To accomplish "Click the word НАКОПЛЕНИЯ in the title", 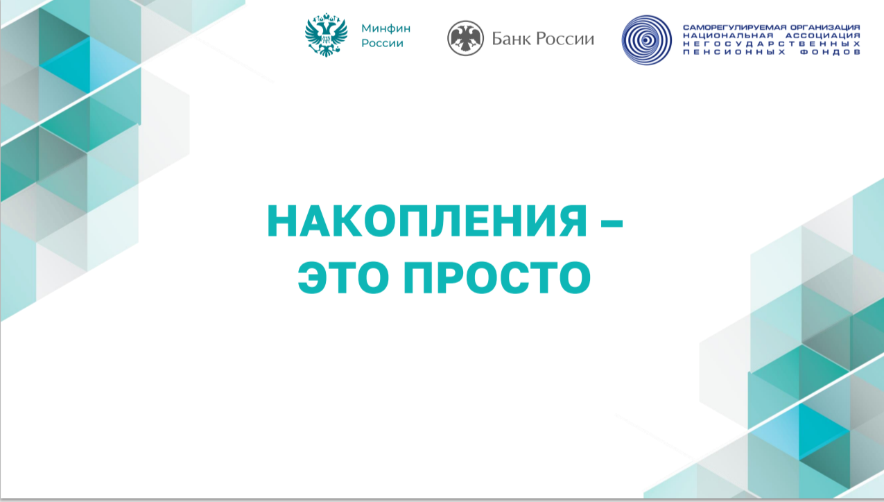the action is pos(427,220).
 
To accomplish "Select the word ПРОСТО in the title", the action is pos(497,277).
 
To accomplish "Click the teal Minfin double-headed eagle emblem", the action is pos(326,35).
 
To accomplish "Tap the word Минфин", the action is pos(385,28).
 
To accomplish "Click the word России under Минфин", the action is pos(382,43).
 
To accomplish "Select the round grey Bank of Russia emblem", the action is pos(465,38).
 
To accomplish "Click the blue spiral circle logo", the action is pos(646,40).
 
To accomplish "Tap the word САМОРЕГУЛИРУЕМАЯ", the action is pos(729,28).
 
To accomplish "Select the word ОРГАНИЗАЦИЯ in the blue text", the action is pos(820,28).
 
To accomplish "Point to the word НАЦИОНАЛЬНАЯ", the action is pos(728,36).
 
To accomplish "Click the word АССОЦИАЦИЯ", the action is pos(823,36).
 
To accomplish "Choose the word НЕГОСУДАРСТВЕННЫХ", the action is pos(772,44).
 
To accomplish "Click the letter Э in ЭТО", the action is pos(311,277).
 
